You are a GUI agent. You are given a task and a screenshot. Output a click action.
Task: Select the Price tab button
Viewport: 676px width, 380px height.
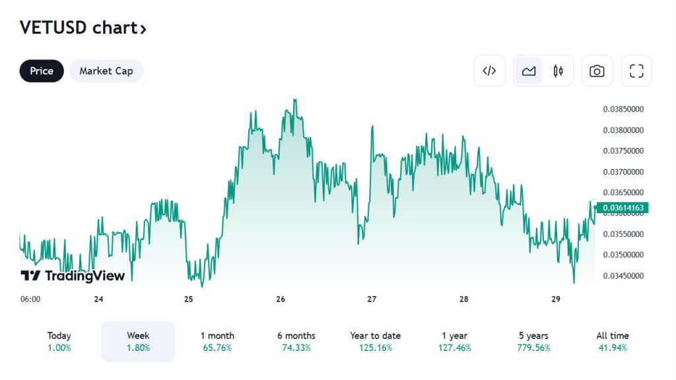42,71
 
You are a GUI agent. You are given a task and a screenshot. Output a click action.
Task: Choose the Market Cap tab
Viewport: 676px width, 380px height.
106,71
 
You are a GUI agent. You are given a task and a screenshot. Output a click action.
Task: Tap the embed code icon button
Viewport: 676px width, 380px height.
489,71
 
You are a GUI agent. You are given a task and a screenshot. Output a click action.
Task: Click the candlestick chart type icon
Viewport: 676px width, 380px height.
558,71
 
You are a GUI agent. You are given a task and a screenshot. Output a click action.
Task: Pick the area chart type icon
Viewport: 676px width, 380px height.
529,71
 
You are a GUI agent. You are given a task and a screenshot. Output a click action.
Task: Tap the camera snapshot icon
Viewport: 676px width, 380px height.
597,71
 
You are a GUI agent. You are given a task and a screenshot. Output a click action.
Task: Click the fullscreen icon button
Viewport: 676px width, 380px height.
636,71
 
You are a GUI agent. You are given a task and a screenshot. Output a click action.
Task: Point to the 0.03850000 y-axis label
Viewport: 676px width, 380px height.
624,110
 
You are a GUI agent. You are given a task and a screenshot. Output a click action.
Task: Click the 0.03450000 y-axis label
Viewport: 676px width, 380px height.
624,276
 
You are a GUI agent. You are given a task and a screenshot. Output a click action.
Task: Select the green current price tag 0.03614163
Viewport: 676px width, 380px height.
623,208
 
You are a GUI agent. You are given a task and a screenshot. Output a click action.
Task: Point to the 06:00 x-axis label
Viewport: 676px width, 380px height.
30,299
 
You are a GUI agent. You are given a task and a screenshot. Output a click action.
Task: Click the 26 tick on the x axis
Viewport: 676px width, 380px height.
281,299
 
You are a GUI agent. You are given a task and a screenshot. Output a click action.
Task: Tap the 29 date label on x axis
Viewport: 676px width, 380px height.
555,299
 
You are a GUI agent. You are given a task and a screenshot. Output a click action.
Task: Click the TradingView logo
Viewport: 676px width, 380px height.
73,276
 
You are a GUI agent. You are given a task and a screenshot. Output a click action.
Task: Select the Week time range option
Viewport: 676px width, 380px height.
138,341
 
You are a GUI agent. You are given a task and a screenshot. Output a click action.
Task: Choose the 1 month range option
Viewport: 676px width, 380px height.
217,341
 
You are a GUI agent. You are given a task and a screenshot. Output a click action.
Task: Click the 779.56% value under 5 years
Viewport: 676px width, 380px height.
534,348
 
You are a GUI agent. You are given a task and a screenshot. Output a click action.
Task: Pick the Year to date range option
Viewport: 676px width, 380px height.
376,341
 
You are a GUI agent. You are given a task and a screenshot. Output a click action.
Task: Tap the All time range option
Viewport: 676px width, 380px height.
613,341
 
